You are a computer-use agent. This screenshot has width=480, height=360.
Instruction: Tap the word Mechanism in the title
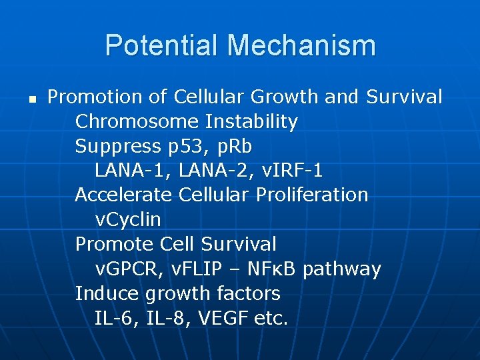point(301,46)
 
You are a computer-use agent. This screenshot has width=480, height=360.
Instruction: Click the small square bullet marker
point(31,98)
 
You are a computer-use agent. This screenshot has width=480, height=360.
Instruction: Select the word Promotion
point(95,97)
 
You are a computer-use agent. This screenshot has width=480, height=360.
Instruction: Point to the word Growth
point(285,97)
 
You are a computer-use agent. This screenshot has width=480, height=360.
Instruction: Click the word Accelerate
point(124,195)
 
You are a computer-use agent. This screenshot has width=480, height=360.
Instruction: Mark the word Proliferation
point(313,195)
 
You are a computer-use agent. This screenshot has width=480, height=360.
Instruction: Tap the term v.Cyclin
point(128,219)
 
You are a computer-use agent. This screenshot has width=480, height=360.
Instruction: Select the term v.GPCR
point(128,269)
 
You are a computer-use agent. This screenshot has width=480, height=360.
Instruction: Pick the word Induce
point(105,293)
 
